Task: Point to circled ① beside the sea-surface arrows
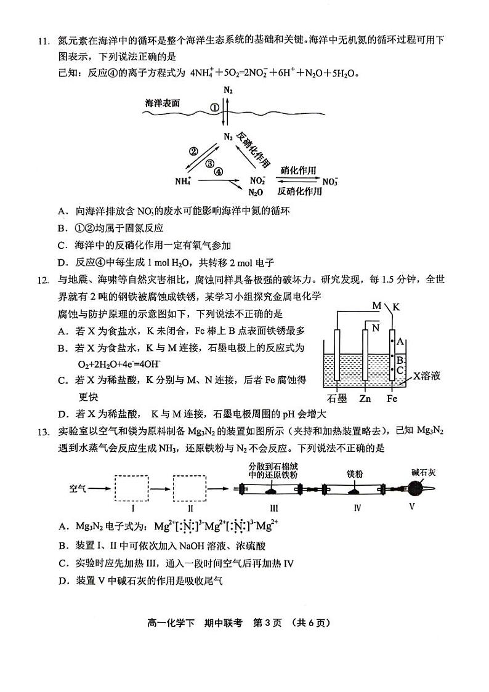click(x=215, y=107)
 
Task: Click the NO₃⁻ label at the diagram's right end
click(x=330, y=182)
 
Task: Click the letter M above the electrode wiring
click(x=376, y=306)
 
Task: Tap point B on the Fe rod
click(x=400, y=360)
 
